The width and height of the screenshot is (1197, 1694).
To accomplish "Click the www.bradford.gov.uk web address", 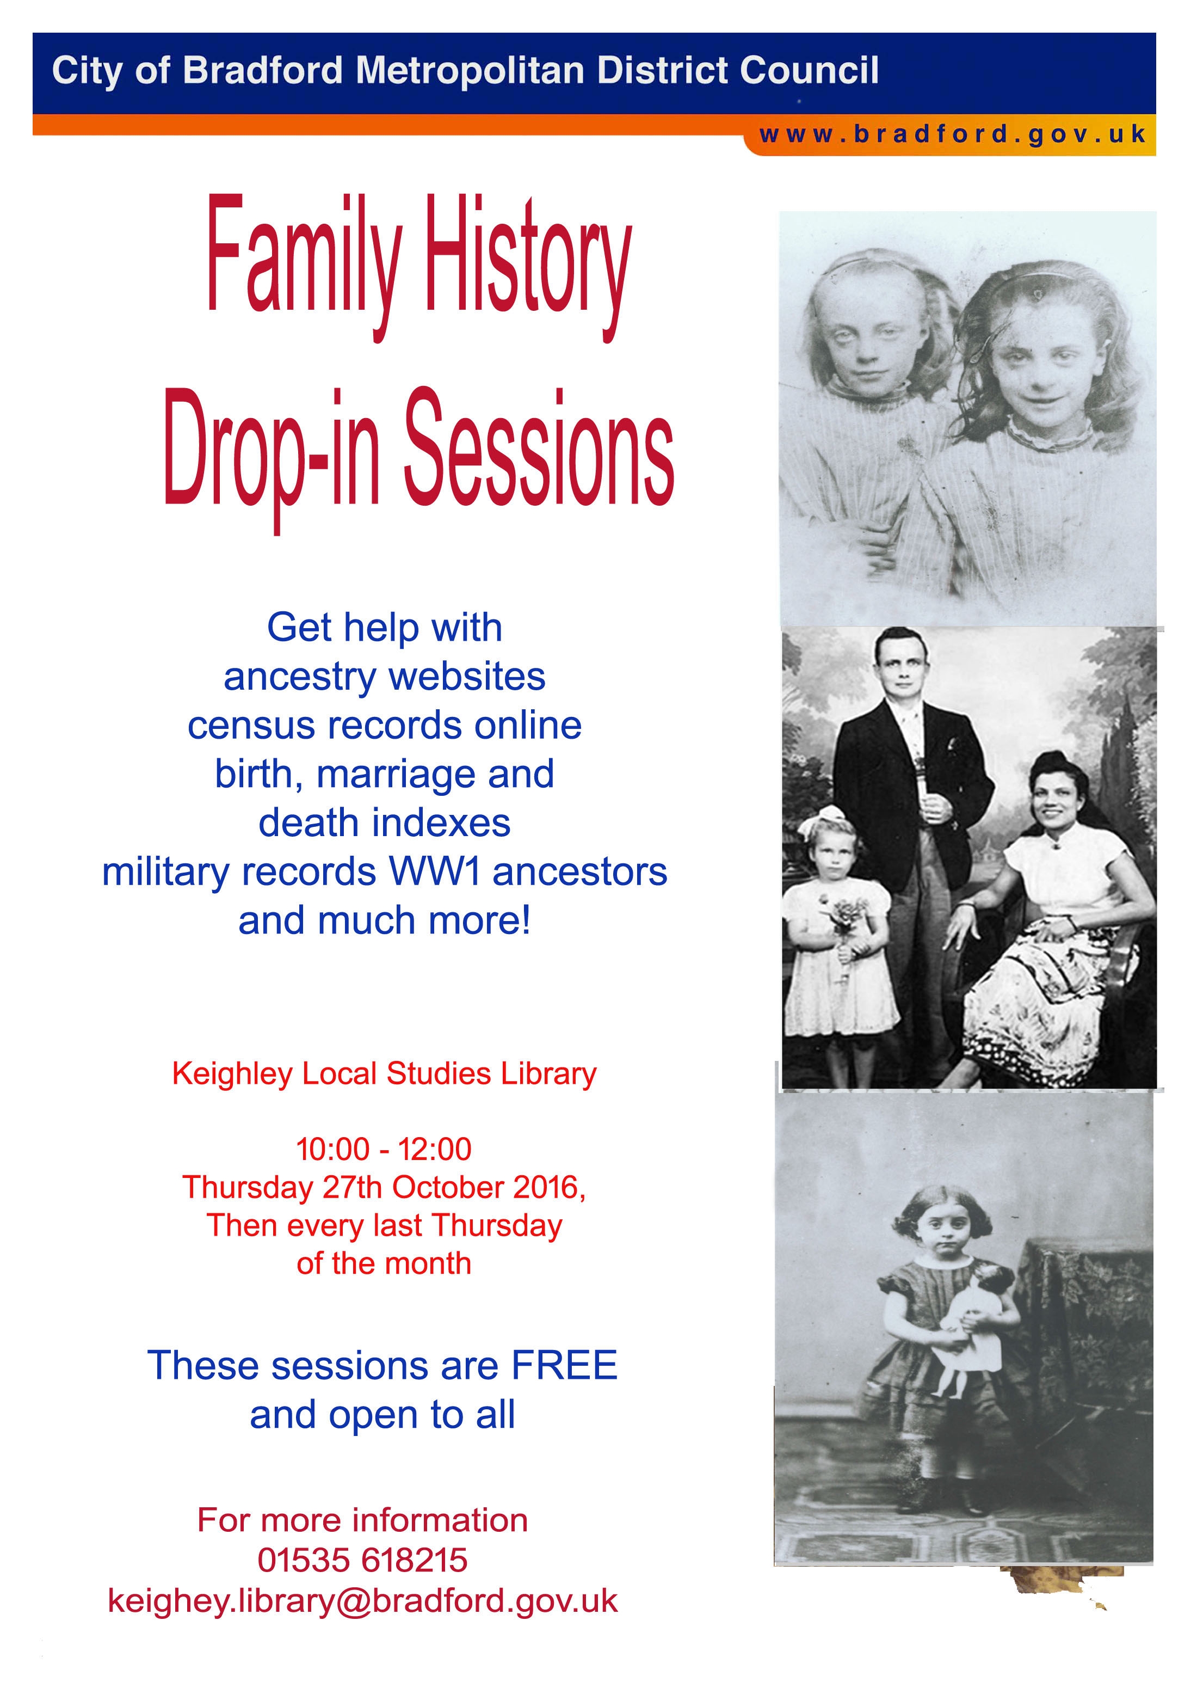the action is (x=952, y=135).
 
